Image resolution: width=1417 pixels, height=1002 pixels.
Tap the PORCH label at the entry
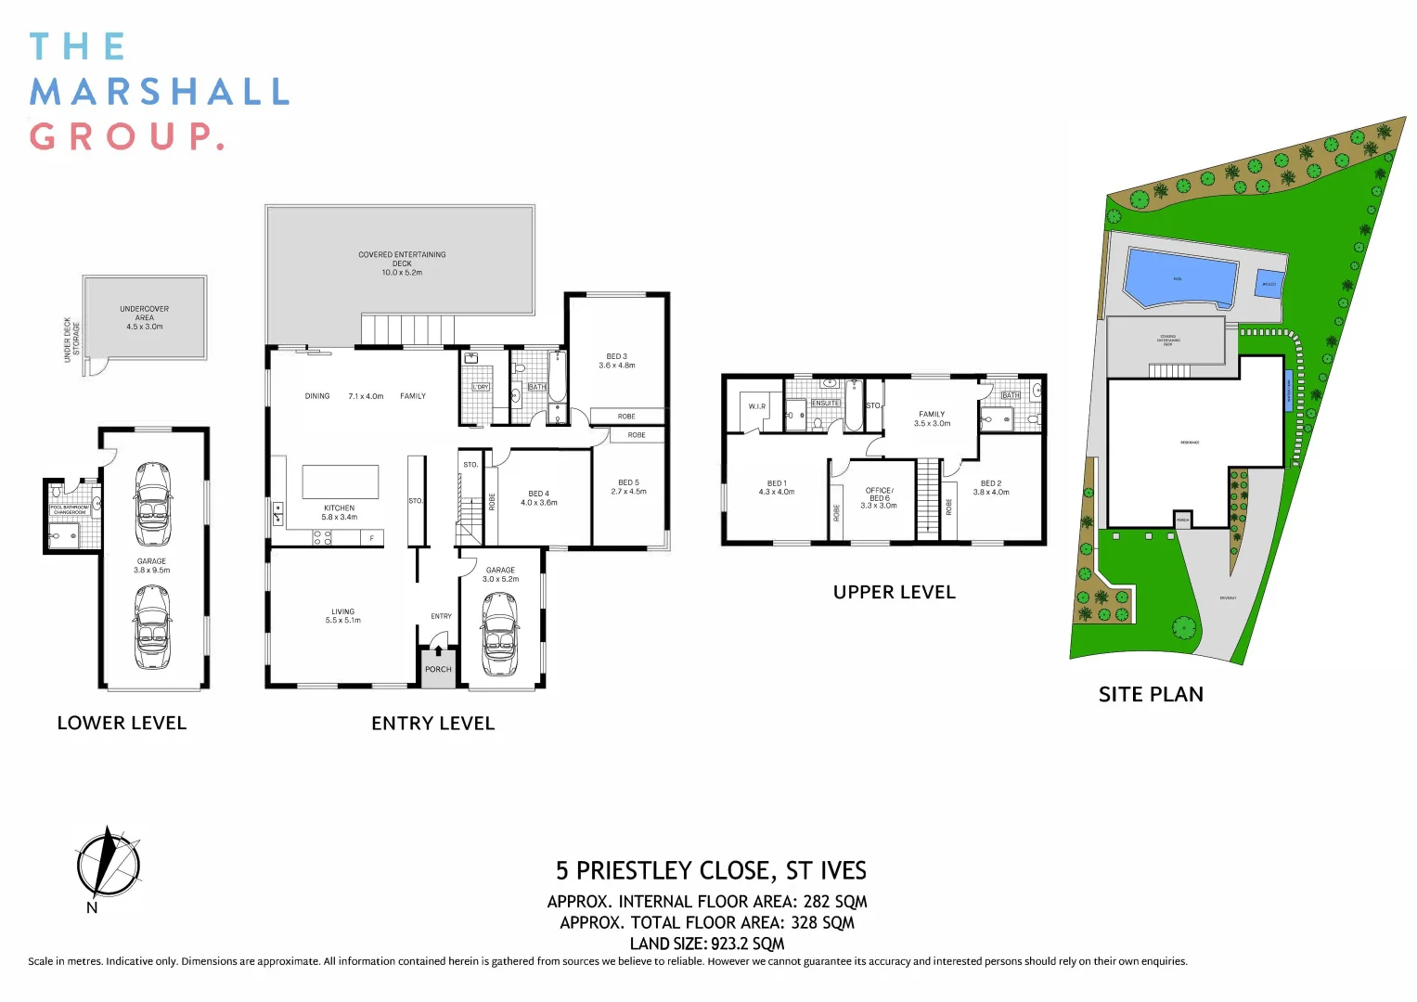[438, 669]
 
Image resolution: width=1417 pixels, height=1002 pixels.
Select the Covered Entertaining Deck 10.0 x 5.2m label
[402, 263]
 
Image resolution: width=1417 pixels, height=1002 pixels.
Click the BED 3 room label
[617, 361]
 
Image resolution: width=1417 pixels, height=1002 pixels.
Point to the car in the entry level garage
[500, 636]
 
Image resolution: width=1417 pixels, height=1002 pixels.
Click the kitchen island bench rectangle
[340, 482]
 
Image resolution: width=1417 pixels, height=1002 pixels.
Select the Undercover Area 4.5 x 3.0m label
[145, 317]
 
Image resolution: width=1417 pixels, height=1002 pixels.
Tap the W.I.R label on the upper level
[757, 406]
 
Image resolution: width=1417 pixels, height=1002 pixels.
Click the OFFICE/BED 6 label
[879, 497]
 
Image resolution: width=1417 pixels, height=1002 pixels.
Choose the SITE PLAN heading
[1151, 695]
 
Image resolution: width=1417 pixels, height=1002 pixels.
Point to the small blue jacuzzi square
[1269, 283]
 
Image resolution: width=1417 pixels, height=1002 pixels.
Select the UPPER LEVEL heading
[894, 592]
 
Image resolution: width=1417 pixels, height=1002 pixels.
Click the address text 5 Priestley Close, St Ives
[711, 870]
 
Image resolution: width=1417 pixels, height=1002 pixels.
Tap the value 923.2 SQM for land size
[748, 944]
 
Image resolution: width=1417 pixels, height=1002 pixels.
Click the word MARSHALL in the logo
[160, 92]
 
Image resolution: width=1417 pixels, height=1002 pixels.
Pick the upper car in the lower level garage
[153, 504]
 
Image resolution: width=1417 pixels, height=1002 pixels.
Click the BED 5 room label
[629, 487]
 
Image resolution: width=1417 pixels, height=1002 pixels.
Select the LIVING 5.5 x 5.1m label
[342, 616]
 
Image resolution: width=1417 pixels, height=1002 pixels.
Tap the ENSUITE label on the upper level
[825, 404]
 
